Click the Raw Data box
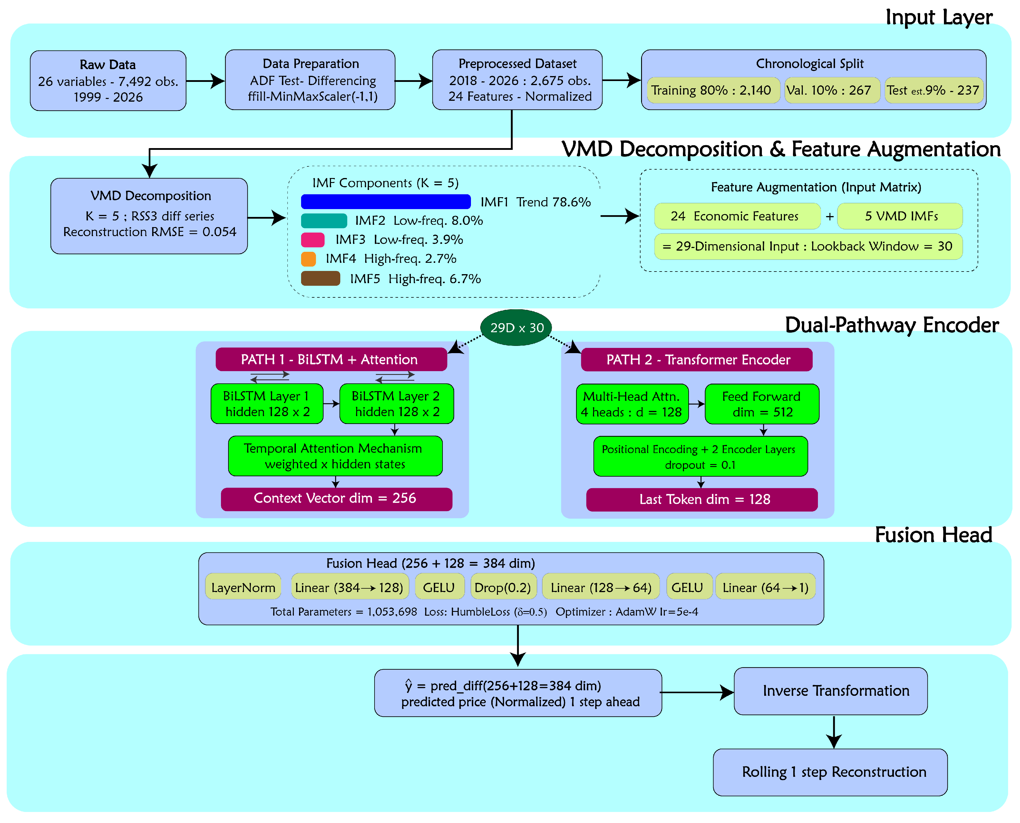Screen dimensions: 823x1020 tap(108, 81)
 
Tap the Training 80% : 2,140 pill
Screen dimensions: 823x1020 tap(711, 90)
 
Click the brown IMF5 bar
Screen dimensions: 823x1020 tap(321, 278)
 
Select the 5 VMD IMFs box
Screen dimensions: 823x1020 tap(899, 216)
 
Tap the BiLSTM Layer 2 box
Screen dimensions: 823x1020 tap(396, 403)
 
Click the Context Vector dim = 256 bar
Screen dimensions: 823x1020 tap(336, 499)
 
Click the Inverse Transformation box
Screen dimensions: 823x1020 tap(830, 691)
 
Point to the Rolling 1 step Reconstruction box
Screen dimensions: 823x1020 tap(830, 772)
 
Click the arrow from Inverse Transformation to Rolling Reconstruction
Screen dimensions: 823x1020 tap(834, 732)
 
